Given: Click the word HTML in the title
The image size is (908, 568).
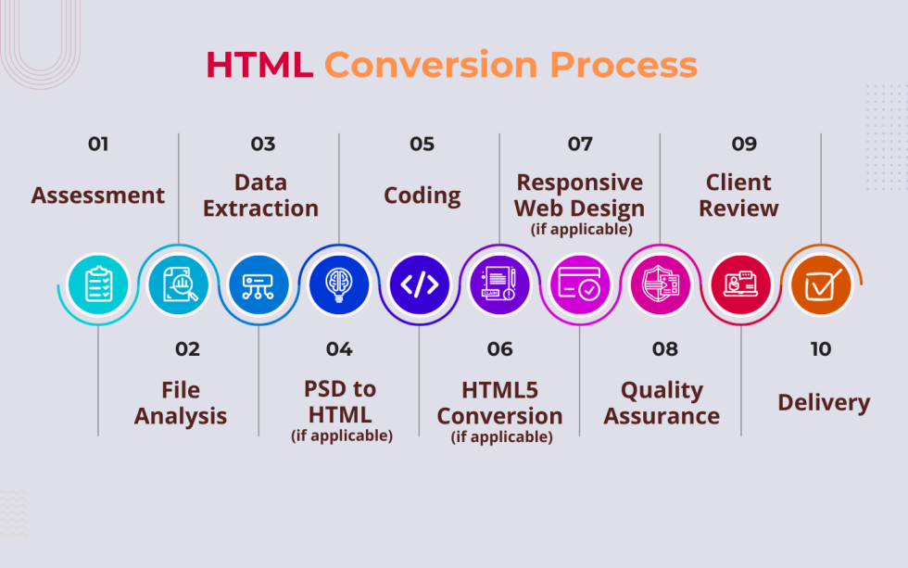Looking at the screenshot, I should (259, 65).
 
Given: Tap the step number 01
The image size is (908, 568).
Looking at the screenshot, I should (98, 144).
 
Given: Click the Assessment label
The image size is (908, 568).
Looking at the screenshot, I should (98, 196).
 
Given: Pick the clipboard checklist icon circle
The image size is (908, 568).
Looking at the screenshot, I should (98, 284).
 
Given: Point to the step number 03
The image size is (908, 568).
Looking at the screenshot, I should (262, 144).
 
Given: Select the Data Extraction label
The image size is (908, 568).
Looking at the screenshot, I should (260, 196).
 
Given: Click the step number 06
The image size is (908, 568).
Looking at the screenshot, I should (499, 349).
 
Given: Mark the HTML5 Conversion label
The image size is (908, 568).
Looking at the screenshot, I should (499, 403).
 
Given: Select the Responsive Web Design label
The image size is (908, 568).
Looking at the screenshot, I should (580, 196).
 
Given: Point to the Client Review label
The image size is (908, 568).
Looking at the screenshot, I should (738, 196).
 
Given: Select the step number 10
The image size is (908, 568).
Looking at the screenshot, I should (821, 349).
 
